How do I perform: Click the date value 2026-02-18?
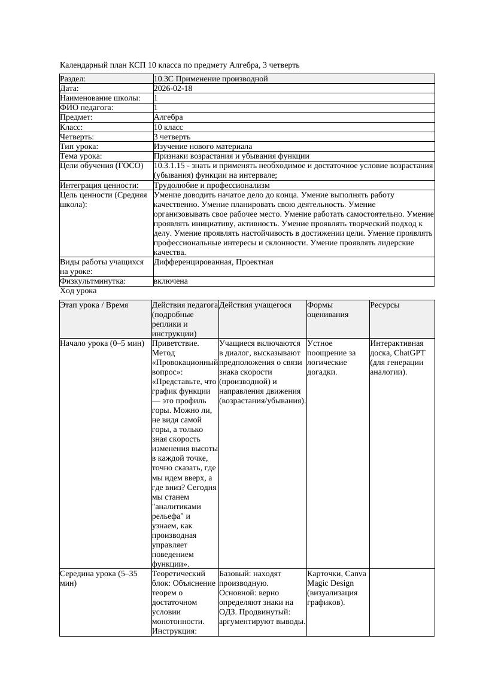[x=173, y=89]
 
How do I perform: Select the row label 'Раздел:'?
[x=73, y=79]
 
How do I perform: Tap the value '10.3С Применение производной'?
[x=211, y=79]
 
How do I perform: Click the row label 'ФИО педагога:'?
[x=87, y=108]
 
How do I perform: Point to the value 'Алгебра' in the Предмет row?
[x=168, y=117]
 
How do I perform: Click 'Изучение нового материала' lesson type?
[x=203, y=146]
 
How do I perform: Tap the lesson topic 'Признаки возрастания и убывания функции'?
[x=231, y=156]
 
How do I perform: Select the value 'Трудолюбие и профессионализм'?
[x=211, y=185]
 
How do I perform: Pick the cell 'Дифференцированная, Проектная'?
[x=213, y=262]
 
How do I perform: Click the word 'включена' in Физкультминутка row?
[x=171, y=281]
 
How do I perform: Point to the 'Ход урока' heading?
[x=78, y=291]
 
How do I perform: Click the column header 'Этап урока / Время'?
[x=94, y=305]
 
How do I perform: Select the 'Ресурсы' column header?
[x=385, y=305]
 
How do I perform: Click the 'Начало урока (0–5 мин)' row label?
[x=102, y=343]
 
